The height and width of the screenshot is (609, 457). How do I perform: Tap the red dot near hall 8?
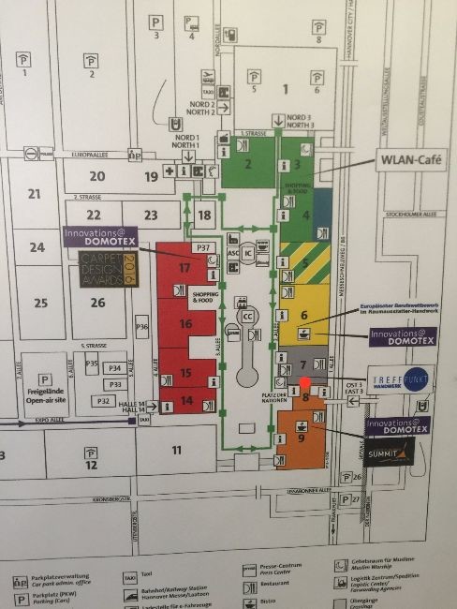coord(304,380)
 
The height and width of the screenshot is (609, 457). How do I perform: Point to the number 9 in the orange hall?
coord(302,437)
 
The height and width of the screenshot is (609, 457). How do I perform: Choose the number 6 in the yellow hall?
coord(304,316)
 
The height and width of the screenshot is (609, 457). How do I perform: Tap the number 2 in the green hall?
coord(248,166)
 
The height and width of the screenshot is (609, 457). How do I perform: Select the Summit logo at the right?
coord(390,453)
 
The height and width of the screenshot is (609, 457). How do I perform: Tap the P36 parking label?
coord(142,327)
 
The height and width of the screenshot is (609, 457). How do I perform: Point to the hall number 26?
coord(98,303)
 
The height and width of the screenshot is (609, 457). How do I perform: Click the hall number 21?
coord(36,194)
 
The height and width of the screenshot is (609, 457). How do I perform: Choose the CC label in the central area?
coord(248,316)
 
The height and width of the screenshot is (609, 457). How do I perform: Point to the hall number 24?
coord(37,248)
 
